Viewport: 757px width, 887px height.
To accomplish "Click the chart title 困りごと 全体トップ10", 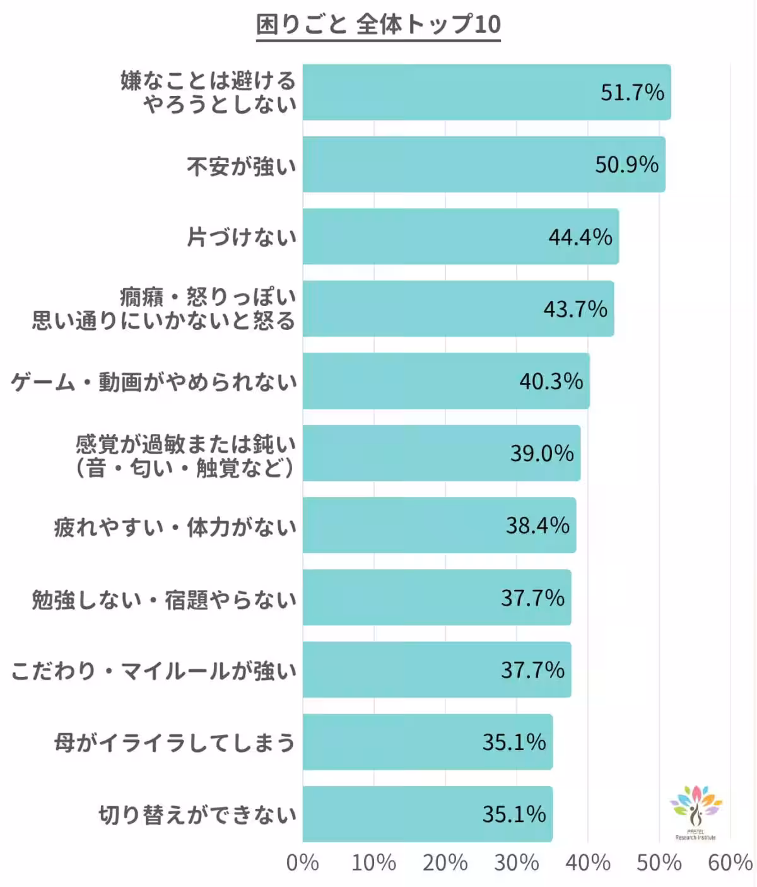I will pos(378,25).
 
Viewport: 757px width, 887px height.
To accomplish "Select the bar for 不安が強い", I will pos(483,165).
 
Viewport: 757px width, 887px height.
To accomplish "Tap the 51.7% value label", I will pos(632,93).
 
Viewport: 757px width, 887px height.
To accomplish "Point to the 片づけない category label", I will pos(242,237).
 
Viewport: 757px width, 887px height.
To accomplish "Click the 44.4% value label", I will pos(580,237).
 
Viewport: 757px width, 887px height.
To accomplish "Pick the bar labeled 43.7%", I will pos(458,309).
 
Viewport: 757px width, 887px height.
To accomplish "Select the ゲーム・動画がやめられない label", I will pos(154,382).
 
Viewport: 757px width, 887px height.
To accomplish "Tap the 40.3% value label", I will pos(551,381).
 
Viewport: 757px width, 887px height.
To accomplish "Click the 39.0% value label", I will pos(542,454).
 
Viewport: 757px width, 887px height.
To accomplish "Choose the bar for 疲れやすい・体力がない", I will pos(439,526).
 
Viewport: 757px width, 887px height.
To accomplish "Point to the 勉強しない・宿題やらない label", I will pos(164,599).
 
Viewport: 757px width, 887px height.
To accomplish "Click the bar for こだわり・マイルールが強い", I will pos(437,670).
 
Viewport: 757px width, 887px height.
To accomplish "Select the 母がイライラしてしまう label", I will pos(175,743).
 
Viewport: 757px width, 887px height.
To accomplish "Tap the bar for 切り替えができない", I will pos(427,814).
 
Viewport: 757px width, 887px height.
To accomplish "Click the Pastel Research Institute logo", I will pos(695,813).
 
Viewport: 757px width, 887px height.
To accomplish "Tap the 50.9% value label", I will pos(626,165).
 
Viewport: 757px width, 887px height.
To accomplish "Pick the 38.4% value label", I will pos(537,526).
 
